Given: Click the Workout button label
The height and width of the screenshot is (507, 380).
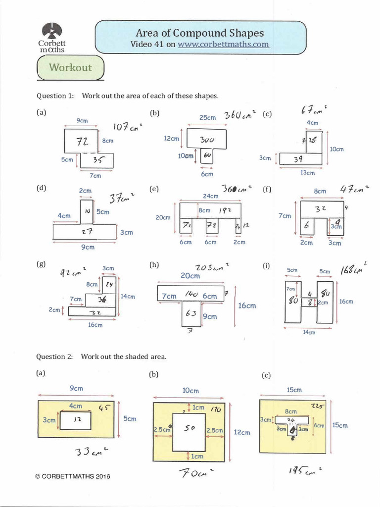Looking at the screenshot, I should (70, 67).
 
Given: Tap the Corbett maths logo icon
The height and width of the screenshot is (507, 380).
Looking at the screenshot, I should (51, 32).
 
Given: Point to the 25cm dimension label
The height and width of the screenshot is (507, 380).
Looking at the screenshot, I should (207, 117).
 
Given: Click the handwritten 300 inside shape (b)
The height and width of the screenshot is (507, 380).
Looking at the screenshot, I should (206, 140).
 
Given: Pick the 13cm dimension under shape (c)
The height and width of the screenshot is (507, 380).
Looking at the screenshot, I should (307, 173).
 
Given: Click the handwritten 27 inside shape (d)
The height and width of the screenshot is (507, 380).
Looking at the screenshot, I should (87, 230).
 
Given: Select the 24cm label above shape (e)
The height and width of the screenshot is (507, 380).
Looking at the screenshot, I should (210, 196).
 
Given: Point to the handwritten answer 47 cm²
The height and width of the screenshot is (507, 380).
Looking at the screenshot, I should (355, 189).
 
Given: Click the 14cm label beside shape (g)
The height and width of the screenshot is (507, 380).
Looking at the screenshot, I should (128, 296).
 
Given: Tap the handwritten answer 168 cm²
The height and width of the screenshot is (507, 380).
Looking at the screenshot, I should (354, 269).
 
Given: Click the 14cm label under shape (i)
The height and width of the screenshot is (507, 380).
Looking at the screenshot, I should (309, 332).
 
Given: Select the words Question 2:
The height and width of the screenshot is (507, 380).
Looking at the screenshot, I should (54, 356).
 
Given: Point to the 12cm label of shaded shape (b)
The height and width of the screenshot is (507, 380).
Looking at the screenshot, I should (242, 432).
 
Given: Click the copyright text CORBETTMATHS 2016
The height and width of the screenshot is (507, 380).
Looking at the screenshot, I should (73, 476).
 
